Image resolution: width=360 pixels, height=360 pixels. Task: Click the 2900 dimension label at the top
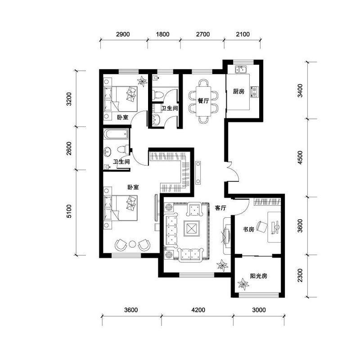(x=123, y=35)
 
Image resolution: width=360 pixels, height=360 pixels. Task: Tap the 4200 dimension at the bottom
(x=198, y=310)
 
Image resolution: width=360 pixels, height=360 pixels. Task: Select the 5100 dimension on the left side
(x=69, y=211)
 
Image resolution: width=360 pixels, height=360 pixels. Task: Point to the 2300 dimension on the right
(x=300, y=275)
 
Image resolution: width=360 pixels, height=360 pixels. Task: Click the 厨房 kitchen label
(x=238, y=91)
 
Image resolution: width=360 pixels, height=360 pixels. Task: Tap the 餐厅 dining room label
(x=203, y=100)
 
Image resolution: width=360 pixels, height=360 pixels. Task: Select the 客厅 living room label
(x=220, y=208)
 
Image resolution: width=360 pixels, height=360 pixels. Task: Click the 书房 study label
(x=248, y=229)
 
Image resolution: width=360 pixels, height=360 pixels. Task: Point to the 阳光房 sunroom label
(x=259, y=276)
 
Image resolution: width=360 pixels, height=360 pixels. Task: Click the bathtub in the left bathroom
(x=116, y=134)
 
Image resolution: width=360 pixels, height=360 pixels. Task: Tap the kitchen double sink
(x=241, y=69)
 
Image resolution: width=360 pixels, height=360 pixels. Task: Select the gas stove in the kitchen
(x=254, y=92)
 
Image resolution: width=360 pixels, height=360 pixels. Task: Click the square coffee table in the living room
(x=192, y=229)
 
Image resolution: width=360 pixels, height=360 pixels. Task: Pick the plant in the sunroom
(x=243, y=284)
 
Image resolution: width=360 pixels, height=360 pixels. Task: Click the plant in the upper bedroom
(x=142, y=81)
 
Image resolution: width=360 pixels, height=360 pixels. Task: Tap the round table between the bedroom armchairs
(x=132, y=244)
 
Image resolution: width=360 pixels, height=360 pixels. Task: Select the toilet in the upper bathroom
(x=158, y=94)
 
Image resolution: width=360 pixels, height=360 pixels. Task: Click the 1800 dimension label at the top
(x=163, y=35)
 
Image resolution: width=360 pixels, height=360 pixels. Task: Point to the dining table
(x=203, y=101)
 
